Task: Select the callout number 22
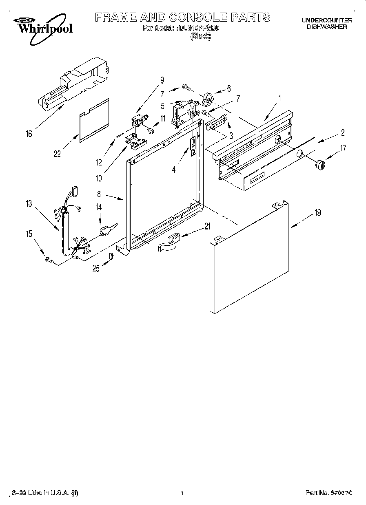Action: (x=57, y=154)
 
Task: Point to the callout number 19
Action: (x=318, y=212)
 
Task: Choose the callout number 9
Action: (x=162, y=79)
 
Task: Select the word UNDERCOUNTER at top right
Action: (x=327, y=20)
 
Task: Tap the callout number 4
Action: (x=174, y=170)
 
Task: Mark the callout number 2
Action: (x=343, y=132)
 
